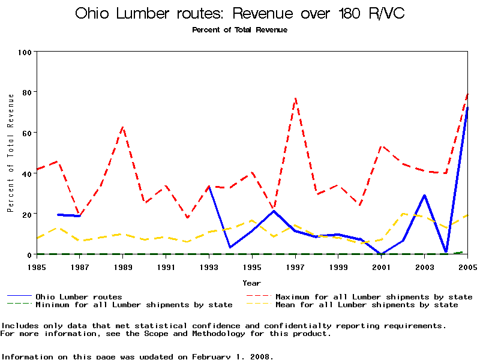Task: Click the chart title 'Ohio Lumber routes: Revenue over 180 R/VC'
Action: (x=239, y=13)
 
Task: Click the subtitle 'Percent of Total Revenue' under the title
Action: (x=239, y=29)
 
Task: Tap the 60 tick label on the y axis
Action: (x=26, y=133)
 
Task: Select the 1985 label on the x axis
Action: (x=37, y=266)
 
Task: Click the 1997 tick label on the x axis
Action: (x=295, y=266)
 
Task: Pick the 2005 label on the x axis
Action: (x=467, y=266)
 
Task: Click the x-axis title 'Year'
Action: (x=251, y=282)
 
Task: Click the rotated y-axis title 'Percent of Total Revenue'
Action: (x=10, y=152)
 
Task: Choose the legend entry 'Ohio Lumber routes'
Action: (x=79, y=296)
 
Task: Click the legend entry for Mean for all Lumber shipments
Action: (x=366, y=305)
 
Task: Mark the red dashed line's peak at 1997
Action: (x=295, y=98)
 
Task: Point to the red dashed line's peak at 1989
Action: (x=123, y=127)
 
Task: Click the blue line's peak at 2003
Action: (x=425, y=195)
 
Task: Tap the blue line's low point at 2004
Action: (x=446, y=251)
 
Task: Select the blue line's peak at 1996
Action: (x=274, y=211)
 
